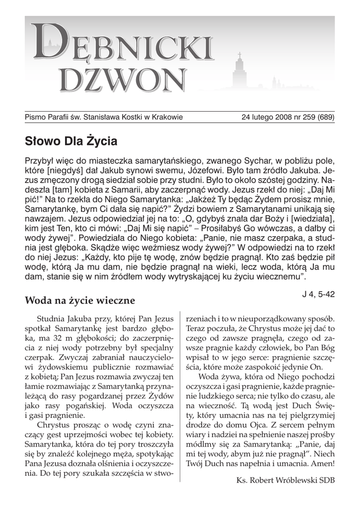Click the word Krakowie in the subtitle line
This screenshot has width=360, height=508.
[x=165, y=118]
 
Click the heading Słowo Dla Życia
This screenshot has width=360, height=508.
[x=71, y=141]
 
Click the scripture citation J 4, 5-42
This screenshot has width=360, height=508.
[x=318, y=294]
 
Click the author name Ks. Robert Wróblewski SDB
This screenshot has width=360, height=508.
[x=287, y=480]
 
